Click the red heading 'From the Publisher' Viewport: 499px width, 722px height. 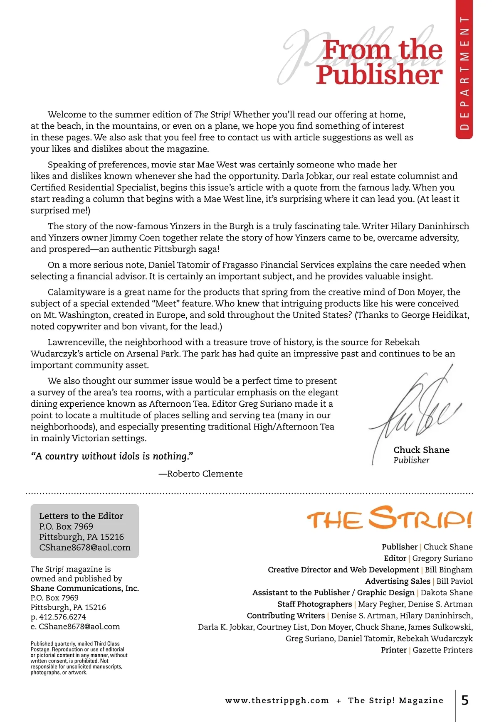[379, 62]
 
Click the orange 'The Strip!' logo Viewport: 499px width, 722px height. [390, 518]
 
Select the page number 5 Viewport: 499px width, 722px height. [465, 700]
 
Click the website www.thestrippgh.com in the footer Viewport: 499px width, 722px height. [277, 700]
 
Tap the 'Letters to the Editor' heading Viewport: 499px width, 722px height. [81, 516]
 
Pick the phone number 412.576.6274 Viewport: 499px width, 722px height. [62, 617]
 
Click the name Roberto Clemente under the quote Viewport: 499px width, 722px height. [205, 474]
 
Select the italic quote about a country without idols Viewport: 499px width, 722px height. [112, 456]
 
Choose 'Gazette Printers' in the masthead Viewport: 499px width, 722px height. [442, 650]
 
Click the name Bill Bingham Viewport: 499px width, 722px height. [449, 570]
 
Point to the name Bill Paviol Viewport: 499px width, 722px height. [455, 581]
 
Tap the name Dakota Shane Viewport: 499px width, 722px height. [447, 592]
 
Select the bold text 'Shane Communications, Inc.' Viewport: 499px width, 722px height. [85, 588]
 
